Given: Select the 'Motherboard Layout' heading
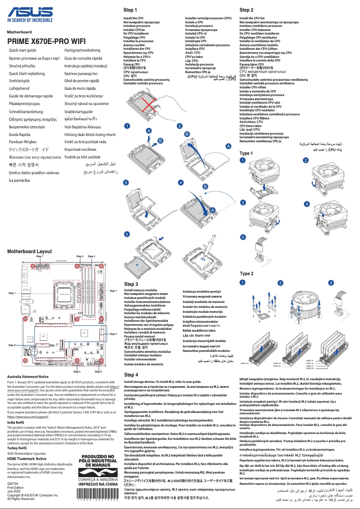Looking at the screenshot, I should pyautogui.click(x=29, y=251).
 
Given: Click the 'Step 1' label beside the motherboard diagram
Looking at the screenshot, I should pyautogui.click(x=12, y=293).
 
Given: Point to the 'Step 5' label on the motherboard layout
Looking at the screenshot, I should pyautogui.click(x=12, y=345).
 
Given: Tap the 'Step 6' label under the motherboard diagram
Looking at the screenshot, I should pyautogui.click(x=98, y=372).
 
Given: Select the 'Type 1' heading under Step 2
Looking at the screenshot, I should pyautogui.click(x=246, y=154).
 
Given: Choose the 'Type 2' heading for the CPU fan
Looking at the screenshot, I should pyautogui.click(x=246, y=273).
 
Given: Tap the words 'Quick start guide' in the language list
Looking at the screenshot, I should pyautogui.click(x=22, y=50).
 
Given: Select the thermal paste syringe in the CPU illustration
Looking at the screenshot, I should pyautogui.click(x=206, y=259).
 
